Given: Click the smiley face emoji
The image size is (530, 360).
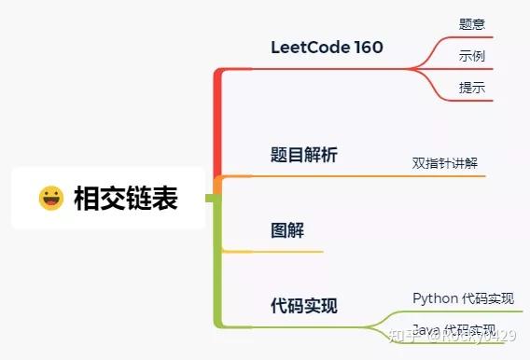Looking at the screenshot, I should point(50,198).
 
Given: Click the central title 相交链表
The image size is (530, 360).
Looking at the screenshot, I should point(125,198).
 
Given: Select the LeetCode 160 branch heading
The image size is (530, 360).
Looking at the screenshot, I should point(327,48).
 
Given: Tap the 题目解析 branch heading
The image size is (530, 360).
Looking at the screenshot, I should point(303,155).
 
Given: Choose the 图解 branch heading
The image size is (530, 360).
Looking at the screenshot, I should point(286,229).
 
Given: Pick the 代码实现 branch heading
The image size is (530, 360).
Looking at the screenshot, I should point(303,305).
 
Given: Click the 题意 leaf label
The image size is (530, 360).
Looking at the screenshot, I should point(472,24).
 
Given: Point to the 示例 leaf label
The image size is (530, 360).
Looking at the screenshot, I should point(472,56).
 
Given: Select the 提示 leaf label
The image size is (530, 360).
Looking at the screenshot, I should point(472,87).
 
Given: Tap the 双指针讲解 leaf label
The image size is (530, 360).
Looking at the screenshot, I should point(445,162).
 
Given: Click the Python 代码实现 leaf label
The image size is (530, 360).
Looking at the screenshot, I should point(463,298).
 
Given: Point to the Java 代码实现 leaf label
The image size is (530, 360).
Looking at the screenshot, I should point(454,330).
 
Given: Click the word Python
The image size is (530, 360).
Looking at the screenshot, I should point(435,298).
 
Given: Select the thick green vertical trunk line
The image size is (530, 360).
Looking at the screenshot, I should point(217,270).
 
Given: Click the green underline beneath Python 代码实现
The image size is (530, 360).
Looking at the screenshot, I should point(467,312).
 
